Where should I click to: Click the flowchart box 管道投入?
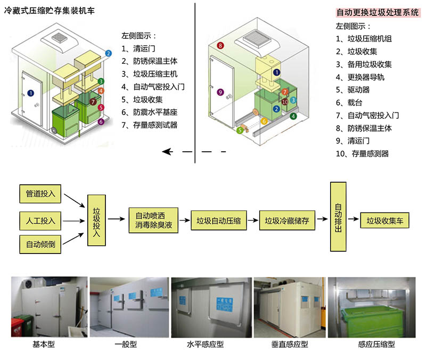(41, 193)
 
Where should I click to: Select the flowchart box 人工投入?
(41, 219)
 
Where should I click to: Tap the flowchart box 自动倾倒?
(41, 245)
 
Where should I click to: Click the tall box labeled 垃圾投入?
(96, 219)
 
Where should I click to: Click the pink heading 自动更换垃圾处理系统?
(378, 13)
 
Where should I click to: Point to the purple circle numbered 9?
(220, 92)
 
